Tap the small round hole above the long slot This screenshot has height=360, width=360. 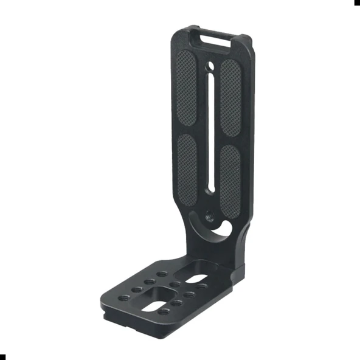(210, 65)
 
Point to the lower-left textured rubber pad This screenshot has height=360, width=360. (188, 171)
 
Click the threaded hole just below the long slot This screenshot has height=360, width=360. (209, 214)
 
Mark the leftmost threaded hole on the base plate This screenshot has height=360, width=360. (125, 297)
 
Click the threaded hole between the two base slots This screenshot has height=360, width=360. (175, 283)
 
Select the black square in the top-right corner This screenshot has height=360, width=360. (357, 2)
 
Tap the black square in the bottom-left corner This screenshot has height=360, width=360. (2, 356)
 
